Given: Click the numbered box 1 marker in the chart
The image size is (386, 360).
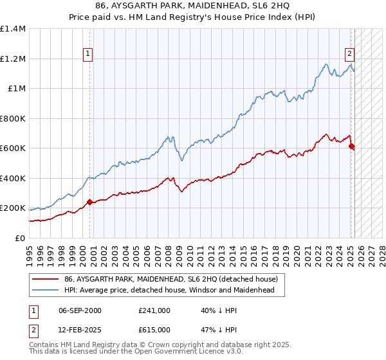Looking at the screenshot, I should pos(87,55).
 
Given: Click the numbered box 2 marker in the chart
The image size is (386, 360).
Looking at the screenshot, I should pos(349,55).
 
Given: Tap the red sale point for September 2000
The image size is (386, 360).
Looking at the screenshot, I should pos(89,202).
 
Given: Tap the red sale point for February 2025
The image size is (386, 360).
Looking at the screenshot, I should pos(351,147).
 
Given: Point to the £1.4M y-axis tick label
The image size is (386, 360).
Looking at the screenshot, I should pos(13,29).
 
